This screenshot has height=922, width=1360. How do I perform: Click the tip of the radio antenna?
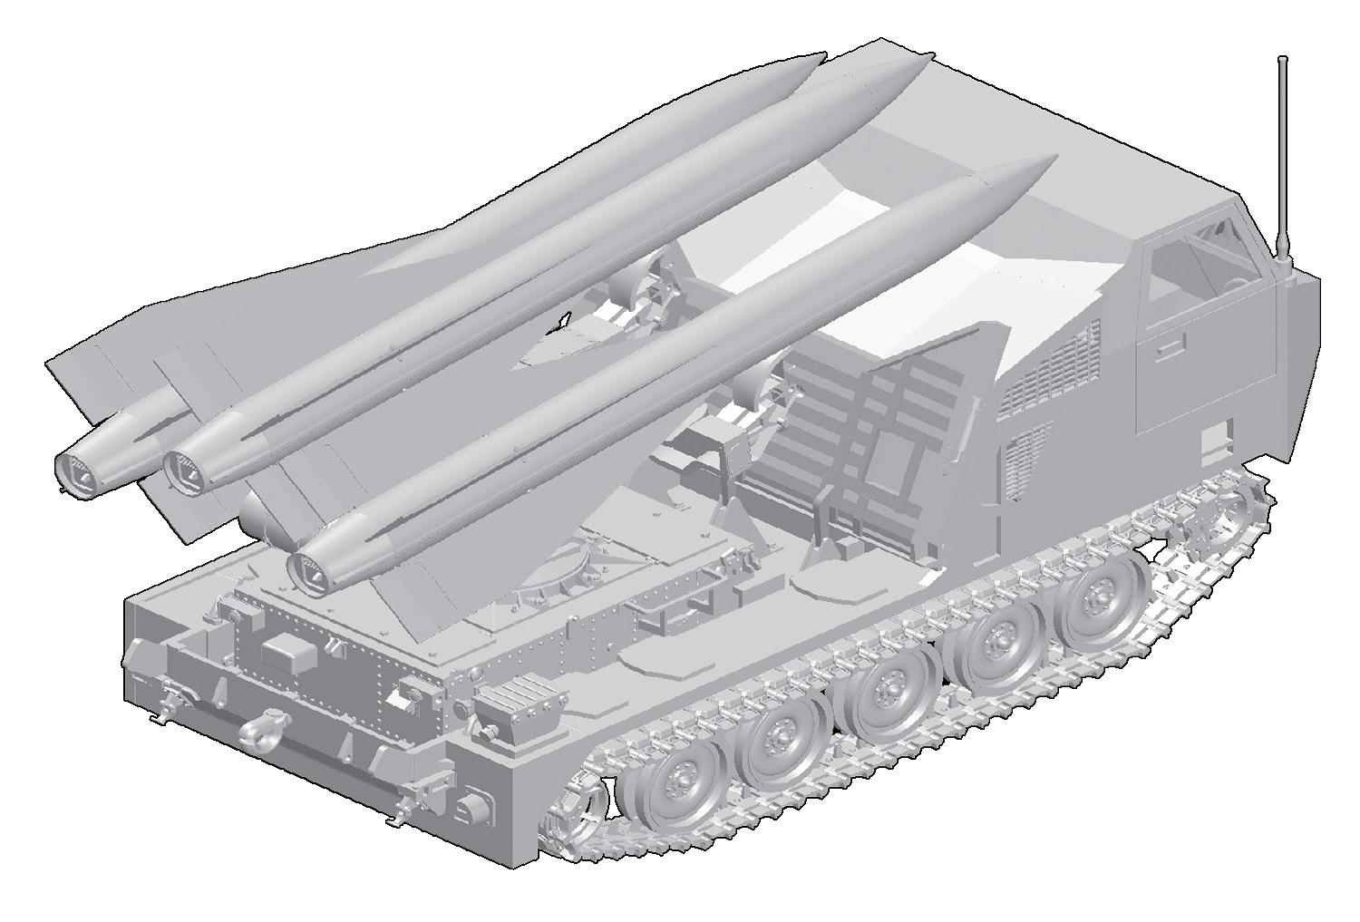pos(1282,60)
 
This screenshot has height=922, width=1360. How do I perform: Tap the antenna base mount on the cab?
pos(1282,263)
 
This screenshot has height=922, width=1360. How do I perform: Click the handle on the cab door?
pos(1171,345)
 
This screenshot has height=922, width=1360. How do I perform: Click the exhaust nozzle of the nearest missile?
pos(308,568)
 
